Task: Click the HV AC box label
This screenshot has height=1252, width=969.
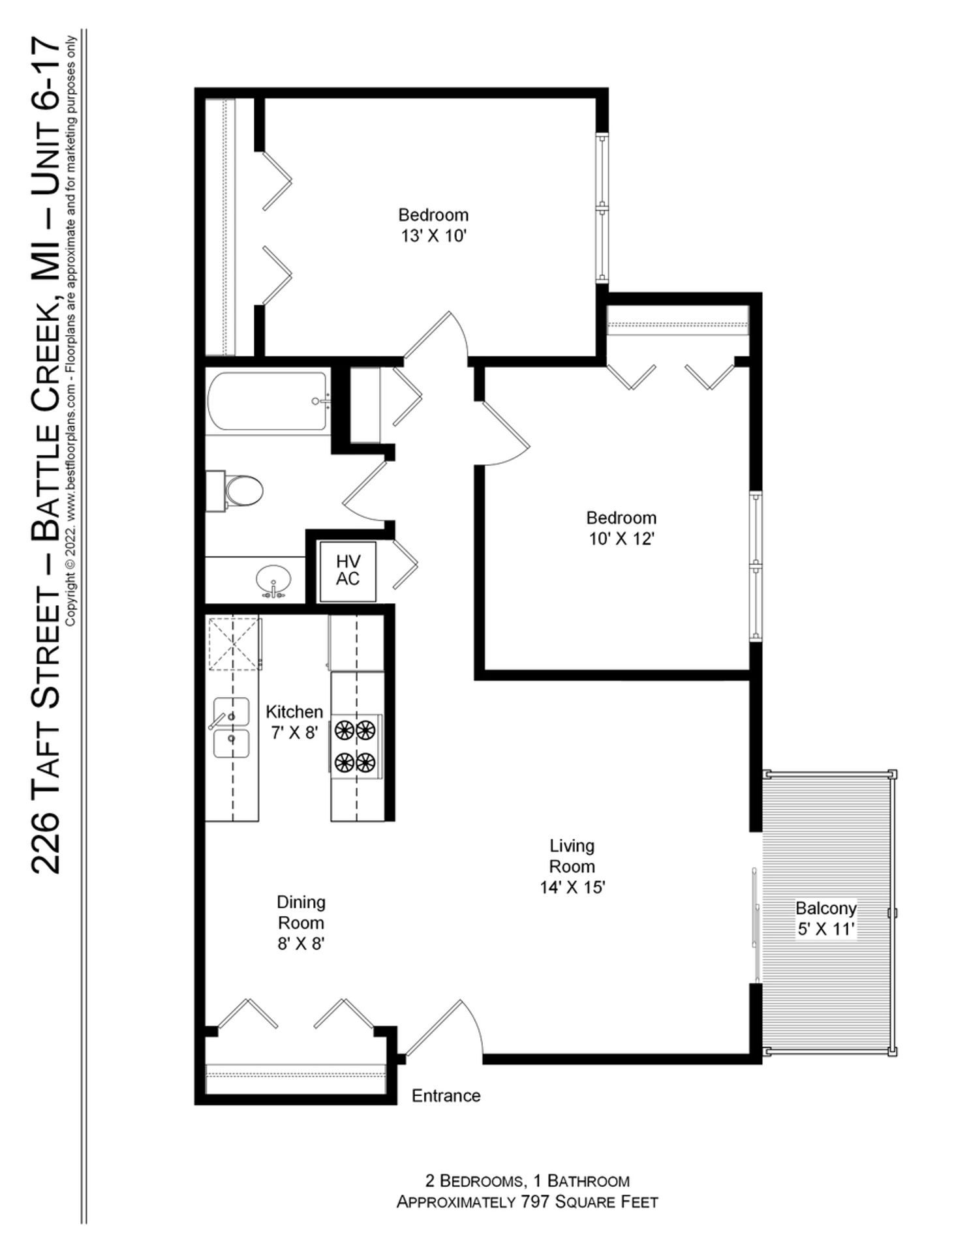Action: tap(347, 570)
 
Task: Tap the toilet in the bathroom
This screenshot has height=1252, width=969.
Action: tap(238, 490)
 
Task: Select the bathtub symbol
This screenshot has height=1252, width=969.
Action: tap(268, 400)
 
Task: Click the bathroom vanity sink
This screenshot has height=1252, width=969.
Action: tap(273, 580)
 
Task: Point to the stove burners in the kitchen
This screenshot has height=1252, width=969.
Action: tap(356, 745)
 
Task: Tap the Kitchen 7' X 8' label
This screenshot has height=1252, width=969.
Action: tap(294, 721)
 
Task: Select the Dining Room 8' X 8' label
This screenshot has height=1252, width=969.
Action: tap(301, 922)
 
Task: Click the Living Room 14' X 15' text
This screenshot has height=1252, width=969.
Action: tap(572, 866)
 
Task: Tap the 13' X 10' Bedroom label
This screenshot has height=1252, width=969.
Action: tap(433, 224)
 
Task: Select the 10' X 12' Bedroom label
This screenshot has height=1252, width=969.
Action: tap(621, 528)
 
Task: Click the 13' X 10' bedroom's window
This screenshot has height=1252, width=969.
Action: tap(602, 209)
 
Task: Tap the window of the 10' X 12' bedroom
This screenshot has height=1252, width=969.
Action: tap(755, 566)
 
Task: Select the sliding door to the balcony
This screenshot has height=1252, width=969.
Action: tap(756, 925)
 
